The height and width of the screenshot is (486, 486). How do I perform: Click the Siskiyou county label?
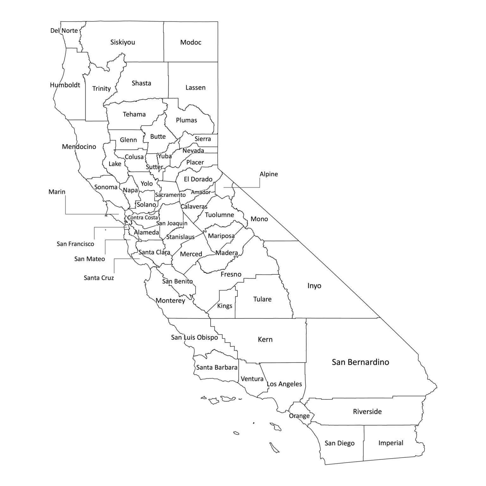pyautogui.click(x=122, y=42)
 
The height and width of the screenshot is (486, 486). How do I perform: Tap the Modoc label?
pyautogui.click(x=190, y=42)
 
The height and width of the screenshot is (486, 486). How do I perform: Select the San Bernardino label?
pyautogui.click(x=360, y=362)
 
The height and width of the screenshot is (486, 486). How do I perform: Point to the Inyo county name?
pyautogui.click(x=314, y=286)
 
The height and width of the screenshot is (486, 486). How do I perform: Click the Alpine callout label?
pyautogui.click(x=269, y=174)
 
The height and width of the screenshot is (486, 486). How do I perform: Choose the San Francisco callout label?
pyautogui.click(x=75, y=244)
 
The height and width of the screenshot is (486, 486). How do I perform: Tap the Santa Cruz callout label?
pyautogui.click(x=99, y=278)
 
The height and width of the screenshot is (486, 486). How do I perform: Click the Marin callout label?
pyautogui.click(x=57, y=192)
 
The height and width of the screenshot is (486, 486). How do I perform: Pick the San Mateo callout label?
pyautogui.click(x=90, y=259)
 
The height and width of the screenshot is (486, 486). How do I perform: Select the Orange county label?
pyautogui.click(x=299, y=415)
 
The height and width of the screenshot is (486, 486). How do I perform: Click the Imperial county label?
pyautogui.click(x=391, y=443)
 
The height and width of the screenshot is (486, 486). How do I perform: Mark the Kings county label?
pyautogui.click(x=225, y=306)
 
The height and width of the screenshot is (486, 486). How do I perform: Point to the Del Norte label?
pyautogui.click(x=64, y=31)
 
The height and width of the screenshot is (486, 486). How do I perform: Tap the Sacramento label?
pyautogui.click(x=170, y=195)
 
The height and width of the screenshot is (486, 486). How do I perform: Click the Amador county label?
pyautogui.click(x=201, y=192)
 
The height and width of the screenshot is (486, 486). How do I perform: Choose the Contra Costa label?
pyautogui.click(x=142, y=217)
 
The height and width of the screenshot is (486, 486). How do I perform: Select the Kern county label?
pyautogui.click(x=265, y=340)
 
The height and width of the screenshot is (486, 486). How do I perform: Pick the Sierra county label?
pyautogui.click(x=202, y=139)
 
